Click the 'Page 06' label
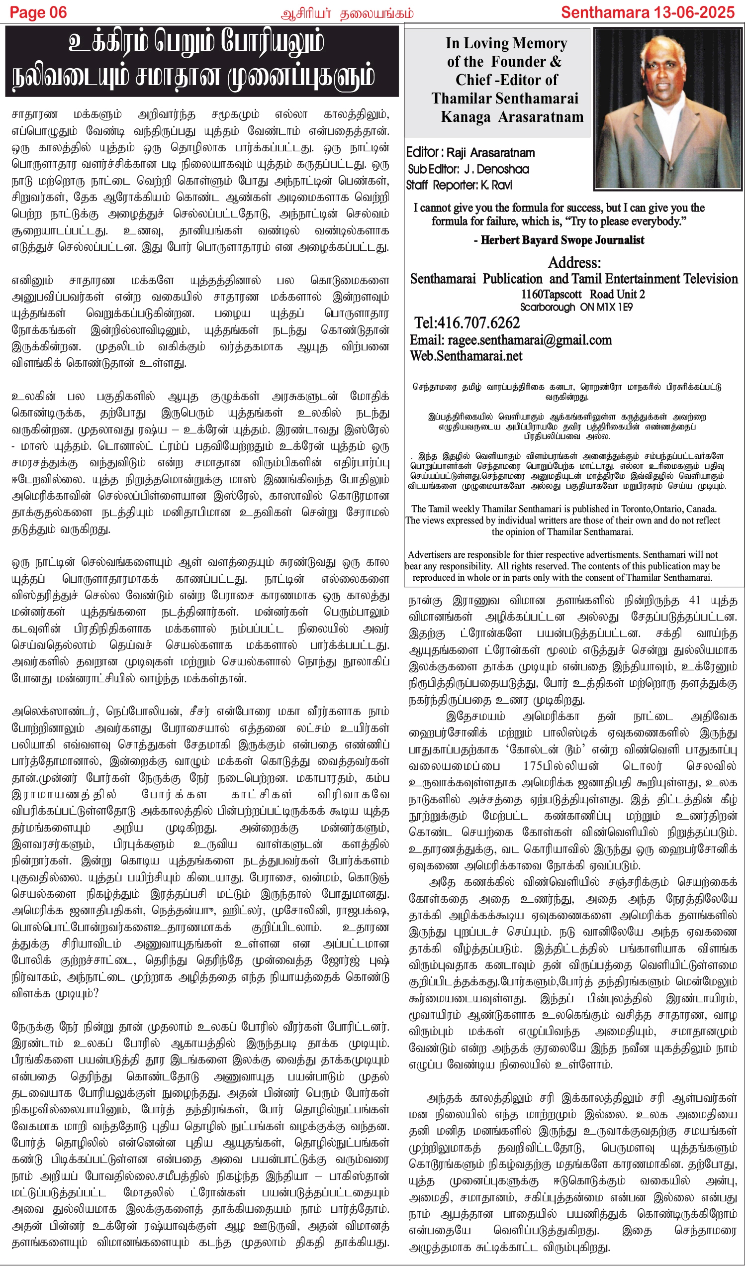[x=38, y=12]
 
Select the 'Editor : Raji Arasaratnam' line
[x=470, y=153]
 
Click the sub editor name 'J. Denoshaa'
[x=496, y=169]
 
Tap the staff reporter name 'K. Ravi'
[x=496, y=185]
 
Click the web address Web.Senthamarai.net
[x=466, y=356]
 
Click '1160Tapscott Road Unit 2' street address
[x=583, y=295]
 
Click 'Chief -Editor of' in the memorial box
[x=506, y=80]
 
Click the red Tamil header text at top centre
[x=347, y=13]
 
